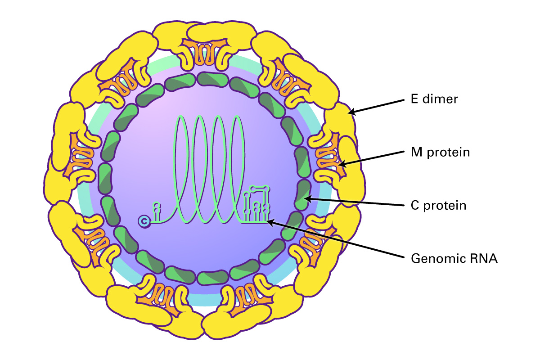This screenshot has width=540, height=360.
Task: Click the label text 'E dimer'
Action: click(434, 99)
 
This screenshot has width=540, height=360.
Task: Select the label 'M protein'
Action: click(440, 153)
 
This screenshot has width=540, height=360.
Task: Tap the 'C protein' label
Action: click(438, 206)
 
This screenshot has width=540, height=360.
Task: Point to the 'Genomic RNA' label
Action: click(454, 258)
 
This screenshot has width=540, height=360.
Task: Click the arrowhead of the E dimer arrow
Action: click(351, 112)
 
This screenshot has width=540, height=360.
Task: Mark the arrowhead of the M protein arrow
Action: click(342, 164)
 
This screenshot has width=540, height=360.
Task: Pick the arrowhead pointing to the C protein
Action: click(308, 199)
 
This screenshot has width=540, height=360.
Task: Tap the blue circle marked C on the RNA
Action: click(144, 221)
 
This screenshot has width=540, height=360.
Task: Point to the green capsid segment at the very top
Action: click(212, 80)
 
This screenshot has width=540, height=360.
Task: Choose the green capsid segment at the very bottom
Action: click(212, 278)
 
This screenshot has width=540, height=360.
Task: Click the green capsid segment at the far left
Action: click(105, 179)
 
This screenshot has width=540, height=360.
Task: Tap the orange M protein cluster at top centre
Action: click(205, 52)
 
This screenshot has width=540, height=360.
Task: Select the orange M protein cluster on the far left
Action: click(78, 157)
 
